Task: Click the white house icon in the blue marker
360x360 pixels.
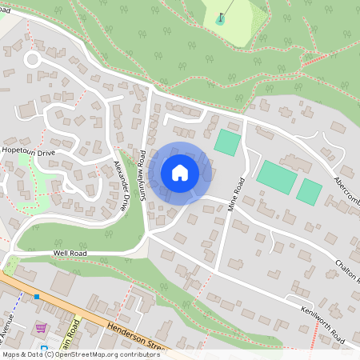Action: tap(180, 173)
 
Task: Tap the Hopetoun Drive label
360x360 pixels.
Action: tap(28, 151)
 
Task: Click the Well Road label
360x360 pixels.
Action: tap(69, 253)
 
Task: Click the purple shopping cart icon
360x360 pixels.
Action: tap(40, 328)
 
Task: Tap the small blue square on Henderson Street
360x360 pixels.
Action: tap(36, 297)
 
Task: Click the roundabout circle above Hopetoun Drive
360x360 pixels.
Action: tap(32, 60)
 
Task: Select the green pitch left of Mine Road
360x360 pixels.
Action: tap(226, 142)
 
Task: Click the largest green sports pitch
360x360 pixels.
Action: tap(276, 176)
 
